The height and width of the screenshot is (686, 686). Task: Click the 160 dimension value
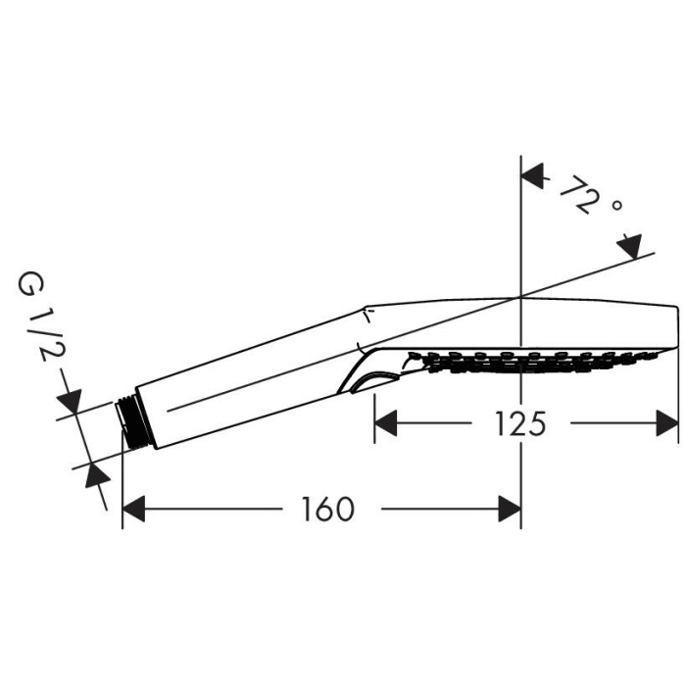[x=327, y=510]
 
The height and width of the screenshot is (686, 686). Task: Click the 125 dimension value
[x=518, y=423]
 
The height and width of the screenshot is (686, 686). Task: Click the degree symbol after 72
[x=616, y=207]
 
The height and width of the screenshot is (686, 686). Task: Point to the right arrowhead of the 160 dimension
[x=509, y=510]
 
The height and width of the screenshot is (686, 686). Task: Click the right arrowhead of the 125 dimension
[x=666, y=423]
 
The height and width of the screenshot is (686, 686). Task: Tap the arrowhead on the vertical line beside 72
[x=532, y=177]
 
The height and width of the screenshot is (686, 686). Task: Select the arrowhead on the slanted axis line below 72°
[x=629, y=246]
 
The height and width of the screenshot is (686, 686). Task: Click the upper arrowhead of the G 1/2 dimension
[x=70, y=403]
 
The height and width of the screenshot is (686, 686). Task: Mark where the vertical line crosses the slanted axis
[x=520, y=297]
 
